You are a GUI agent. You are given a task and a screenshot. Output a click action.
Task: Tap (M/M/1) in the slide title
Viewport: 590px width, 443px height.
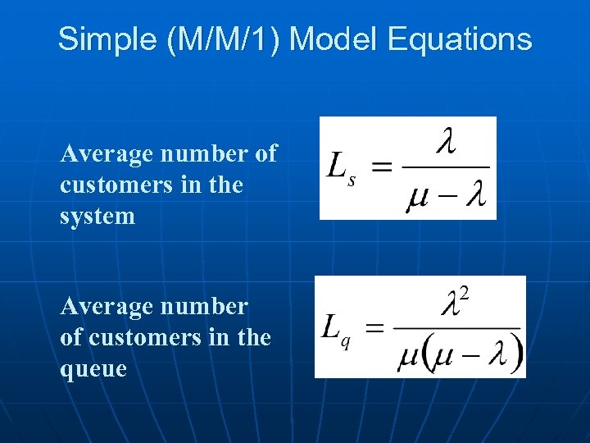[222, 39]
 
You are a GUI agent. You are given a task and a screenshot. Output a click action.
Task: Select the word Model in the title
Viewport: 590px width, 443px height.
[326, 39]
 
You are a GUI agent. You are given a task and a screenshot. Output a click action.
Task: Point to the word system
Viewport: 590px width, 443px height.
[98, 217]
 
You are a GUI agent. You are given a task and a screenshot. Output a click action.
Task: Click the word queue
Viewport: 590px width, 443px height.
[93, 369]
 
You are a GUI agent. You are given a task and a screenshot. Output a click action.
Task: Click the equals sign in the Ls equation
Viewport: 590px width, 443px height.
[383, 167]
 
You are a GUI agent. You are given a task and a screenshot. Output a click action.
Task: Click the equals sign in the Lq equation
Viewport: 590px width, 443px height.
[374, 328]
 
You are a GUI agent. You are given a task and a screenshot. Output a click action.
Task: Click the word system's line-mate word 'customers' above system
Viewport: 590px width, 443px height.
[111, 185]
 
